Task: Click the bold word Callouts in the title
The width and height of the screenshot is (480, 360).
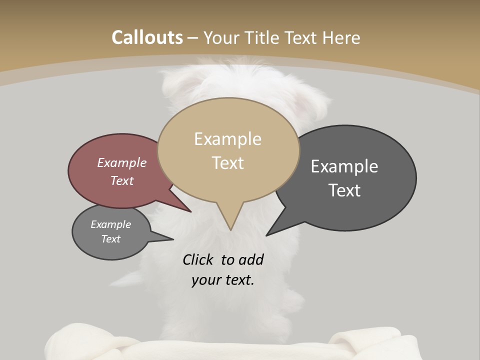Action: tap(147, 37)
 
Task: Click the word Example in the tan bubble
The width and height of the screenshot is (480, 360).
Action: tap(227, 139)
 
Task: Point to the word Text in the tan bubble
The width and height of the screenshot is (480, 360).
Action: tap(228, 163)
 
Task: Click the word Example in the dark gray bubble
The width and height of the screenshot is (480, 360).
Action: tap(344, 166)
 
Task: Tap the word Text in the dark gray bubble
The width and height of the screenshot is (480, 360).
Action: tap(345, 190)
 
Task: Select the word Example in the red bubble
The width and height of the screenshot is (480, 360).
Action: tap(122, 163)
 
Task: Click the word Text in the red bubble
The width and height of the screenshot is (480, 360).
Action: tap(122, 180)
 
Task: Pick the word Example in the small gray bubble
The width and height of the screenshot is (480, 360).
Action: tap(111, 224)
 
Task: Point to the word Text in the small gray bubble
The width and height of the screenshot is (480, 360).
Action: tap(111, 239)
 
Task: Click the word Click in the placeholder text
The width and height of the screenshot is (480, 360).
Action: tap(197, 260)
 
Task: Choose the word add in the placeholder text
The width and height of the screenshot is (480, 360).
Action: tap(251, 260)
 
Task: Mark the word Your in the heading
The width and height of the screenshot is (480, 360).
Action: tap(222, 37)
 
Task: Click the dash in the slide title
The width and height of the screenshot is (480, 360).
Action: tap(193, 37)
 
